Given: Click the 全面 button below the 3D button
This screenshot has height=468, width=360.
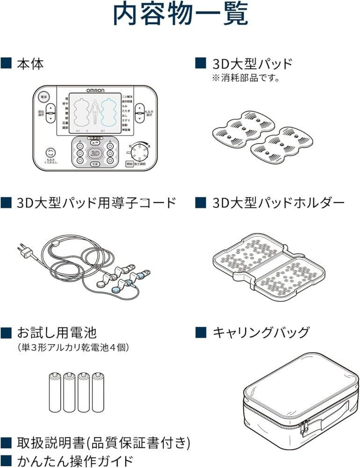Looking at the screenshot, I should point(95,164).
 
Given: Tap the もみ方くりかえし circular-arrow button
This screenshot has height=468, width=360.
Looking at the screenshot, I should point(50,152).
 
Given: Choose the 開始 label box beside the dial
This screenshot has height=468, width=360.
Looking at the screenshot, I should point(130,164).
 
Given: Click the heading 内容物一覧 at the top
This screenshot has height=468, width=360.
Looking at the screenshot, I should point(180,15).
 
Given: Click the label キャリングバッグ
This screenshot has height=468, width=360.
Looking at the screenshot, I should point(260,333).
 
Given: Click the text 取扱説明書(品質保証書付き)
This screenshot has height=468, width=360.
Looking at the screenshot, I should point(103,442).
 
